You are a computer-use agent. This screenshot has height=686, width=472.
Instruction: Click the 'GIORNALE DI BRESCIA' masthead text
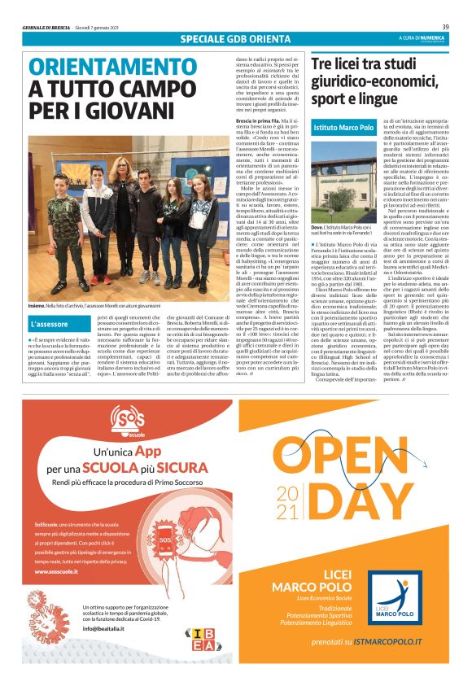(x=46, y=28)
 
